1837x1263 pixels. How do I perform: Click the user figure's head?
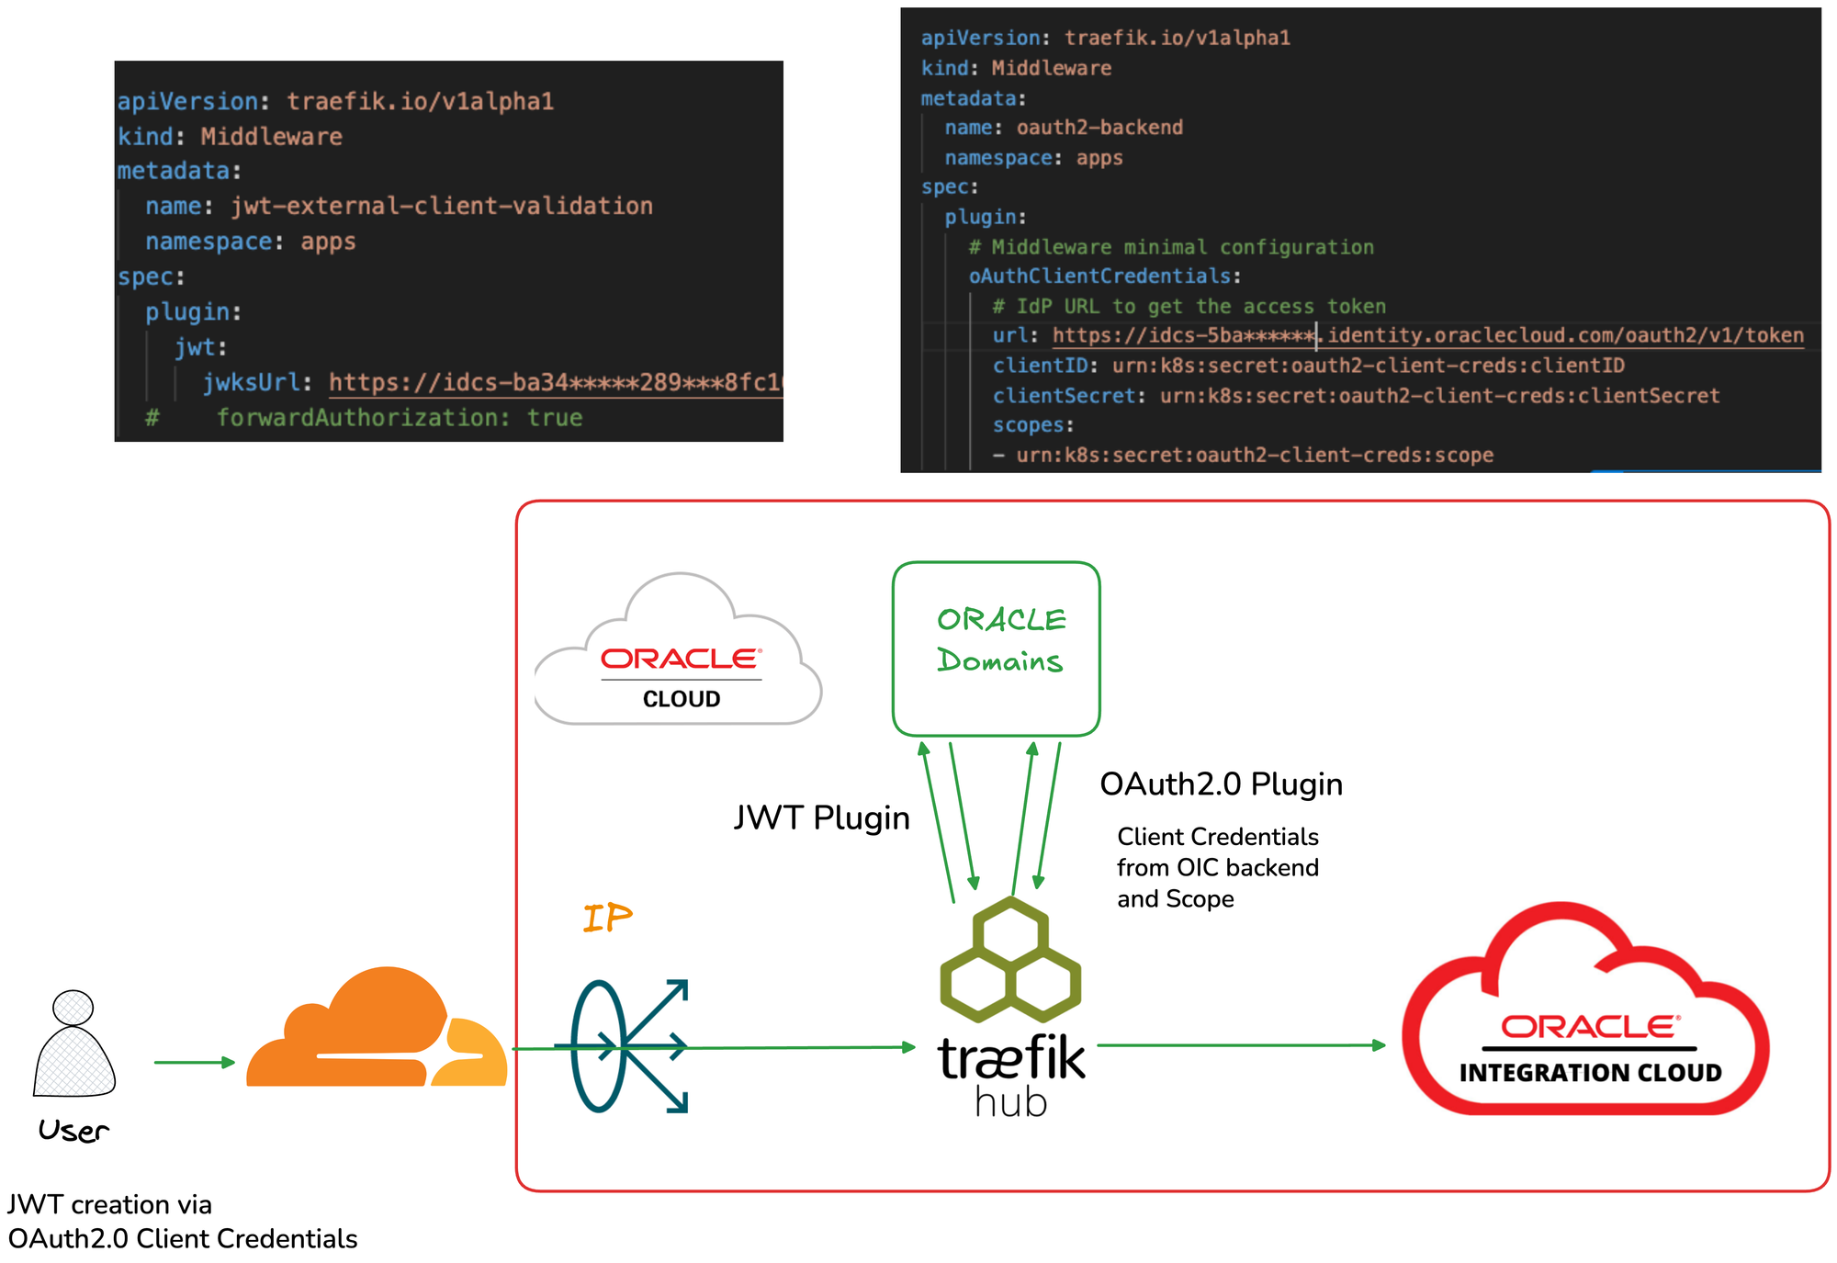tap(73, 1008)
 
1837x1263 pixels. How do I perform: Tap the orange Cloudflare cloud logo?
tap(377, 1032)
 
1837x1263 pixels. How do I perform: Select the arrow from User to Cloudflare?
tap(194, 1062)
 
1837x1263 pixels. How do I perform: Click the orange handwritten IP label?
tap(607, 917)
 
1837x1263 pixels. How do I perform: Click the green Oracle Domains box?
tap(997, 648)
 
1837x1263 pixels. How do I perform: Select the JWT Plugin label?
tap(821, 818)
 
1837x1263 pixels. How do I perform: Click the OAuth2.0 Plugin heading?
tap(1221, 784)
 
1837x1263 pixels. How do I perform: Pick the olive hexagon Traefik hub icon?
tap(1010, 960)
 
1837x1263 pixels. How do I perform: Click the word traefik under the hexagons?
tap(1010, 1058)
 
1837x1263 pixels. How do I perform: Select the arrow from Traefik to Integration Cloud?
tap(1240, 1044)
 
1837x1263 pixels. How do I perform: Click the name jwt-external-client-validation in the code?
tap(442, 206)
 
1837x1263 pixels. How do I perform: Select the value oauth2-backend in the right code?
tap(1099, 128)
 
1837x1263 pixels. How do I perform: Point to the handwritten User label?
tap(73, 1131)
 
